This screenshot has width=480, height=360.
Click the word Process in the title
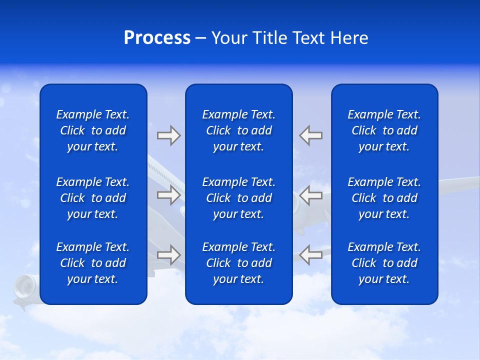click(157, 38)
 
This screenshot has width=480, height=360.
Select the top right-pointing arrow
click(168, 135)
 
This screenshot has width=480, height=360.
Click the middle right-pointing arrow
click(168, 195)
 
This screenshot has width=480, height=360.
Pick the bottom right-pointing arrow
click(168, 255)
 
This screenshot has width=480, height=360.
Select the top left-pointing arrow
click(311, 135)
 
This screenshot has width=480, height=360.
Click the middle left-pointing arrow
click(311, 195)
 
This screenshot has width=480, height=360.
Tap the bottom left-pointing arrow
click(311, 255)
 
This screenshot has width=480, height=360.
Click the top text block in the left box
click(93, 130)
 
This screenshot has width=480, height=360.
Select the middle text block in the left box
click(93, 198)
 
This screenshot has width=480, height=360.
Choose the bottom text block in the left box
click(93, 263)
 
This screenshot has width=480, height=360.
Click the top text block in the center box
click(239, 130)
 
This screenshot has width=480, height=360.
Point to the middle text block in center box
click(239, 198)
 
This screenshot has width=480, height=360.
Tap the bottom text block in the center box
click(239, 263)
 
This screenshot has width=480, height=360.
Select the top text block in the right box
click(384, 130)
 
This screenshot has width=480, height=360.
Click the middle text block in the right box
click(384, 198)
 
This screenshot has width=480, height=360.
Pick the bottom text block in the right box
click(384, 263)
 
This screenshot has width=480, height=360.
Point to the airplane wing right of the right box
click(457, 184)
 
